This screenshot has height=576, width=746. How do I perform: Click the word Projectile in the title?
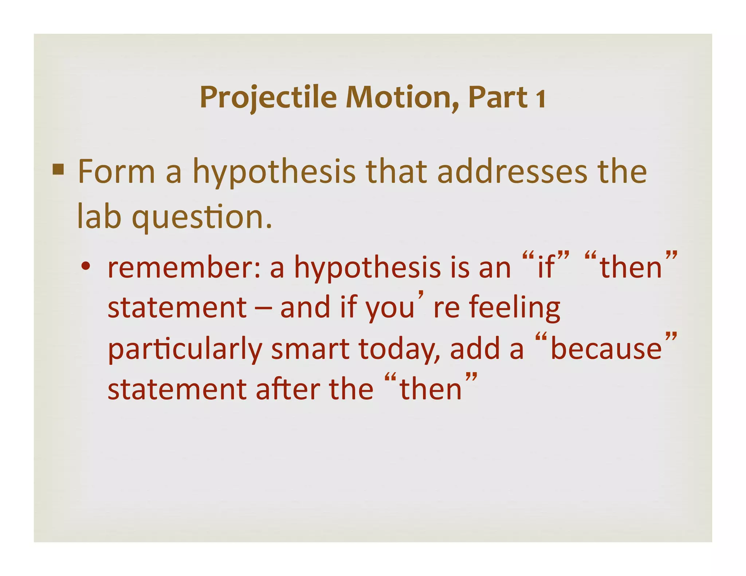pyautogui.click(x=268, y=98)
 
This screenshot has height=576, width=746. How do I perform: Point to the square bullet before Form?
pyautogui.click(x=58, y=170)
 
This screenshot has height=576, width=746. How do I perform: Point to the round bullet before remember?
pyautogui.click(x=86, y=267)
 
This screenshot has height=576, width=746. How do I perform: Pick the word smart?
pyautogui.click(x=310, y=349)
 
